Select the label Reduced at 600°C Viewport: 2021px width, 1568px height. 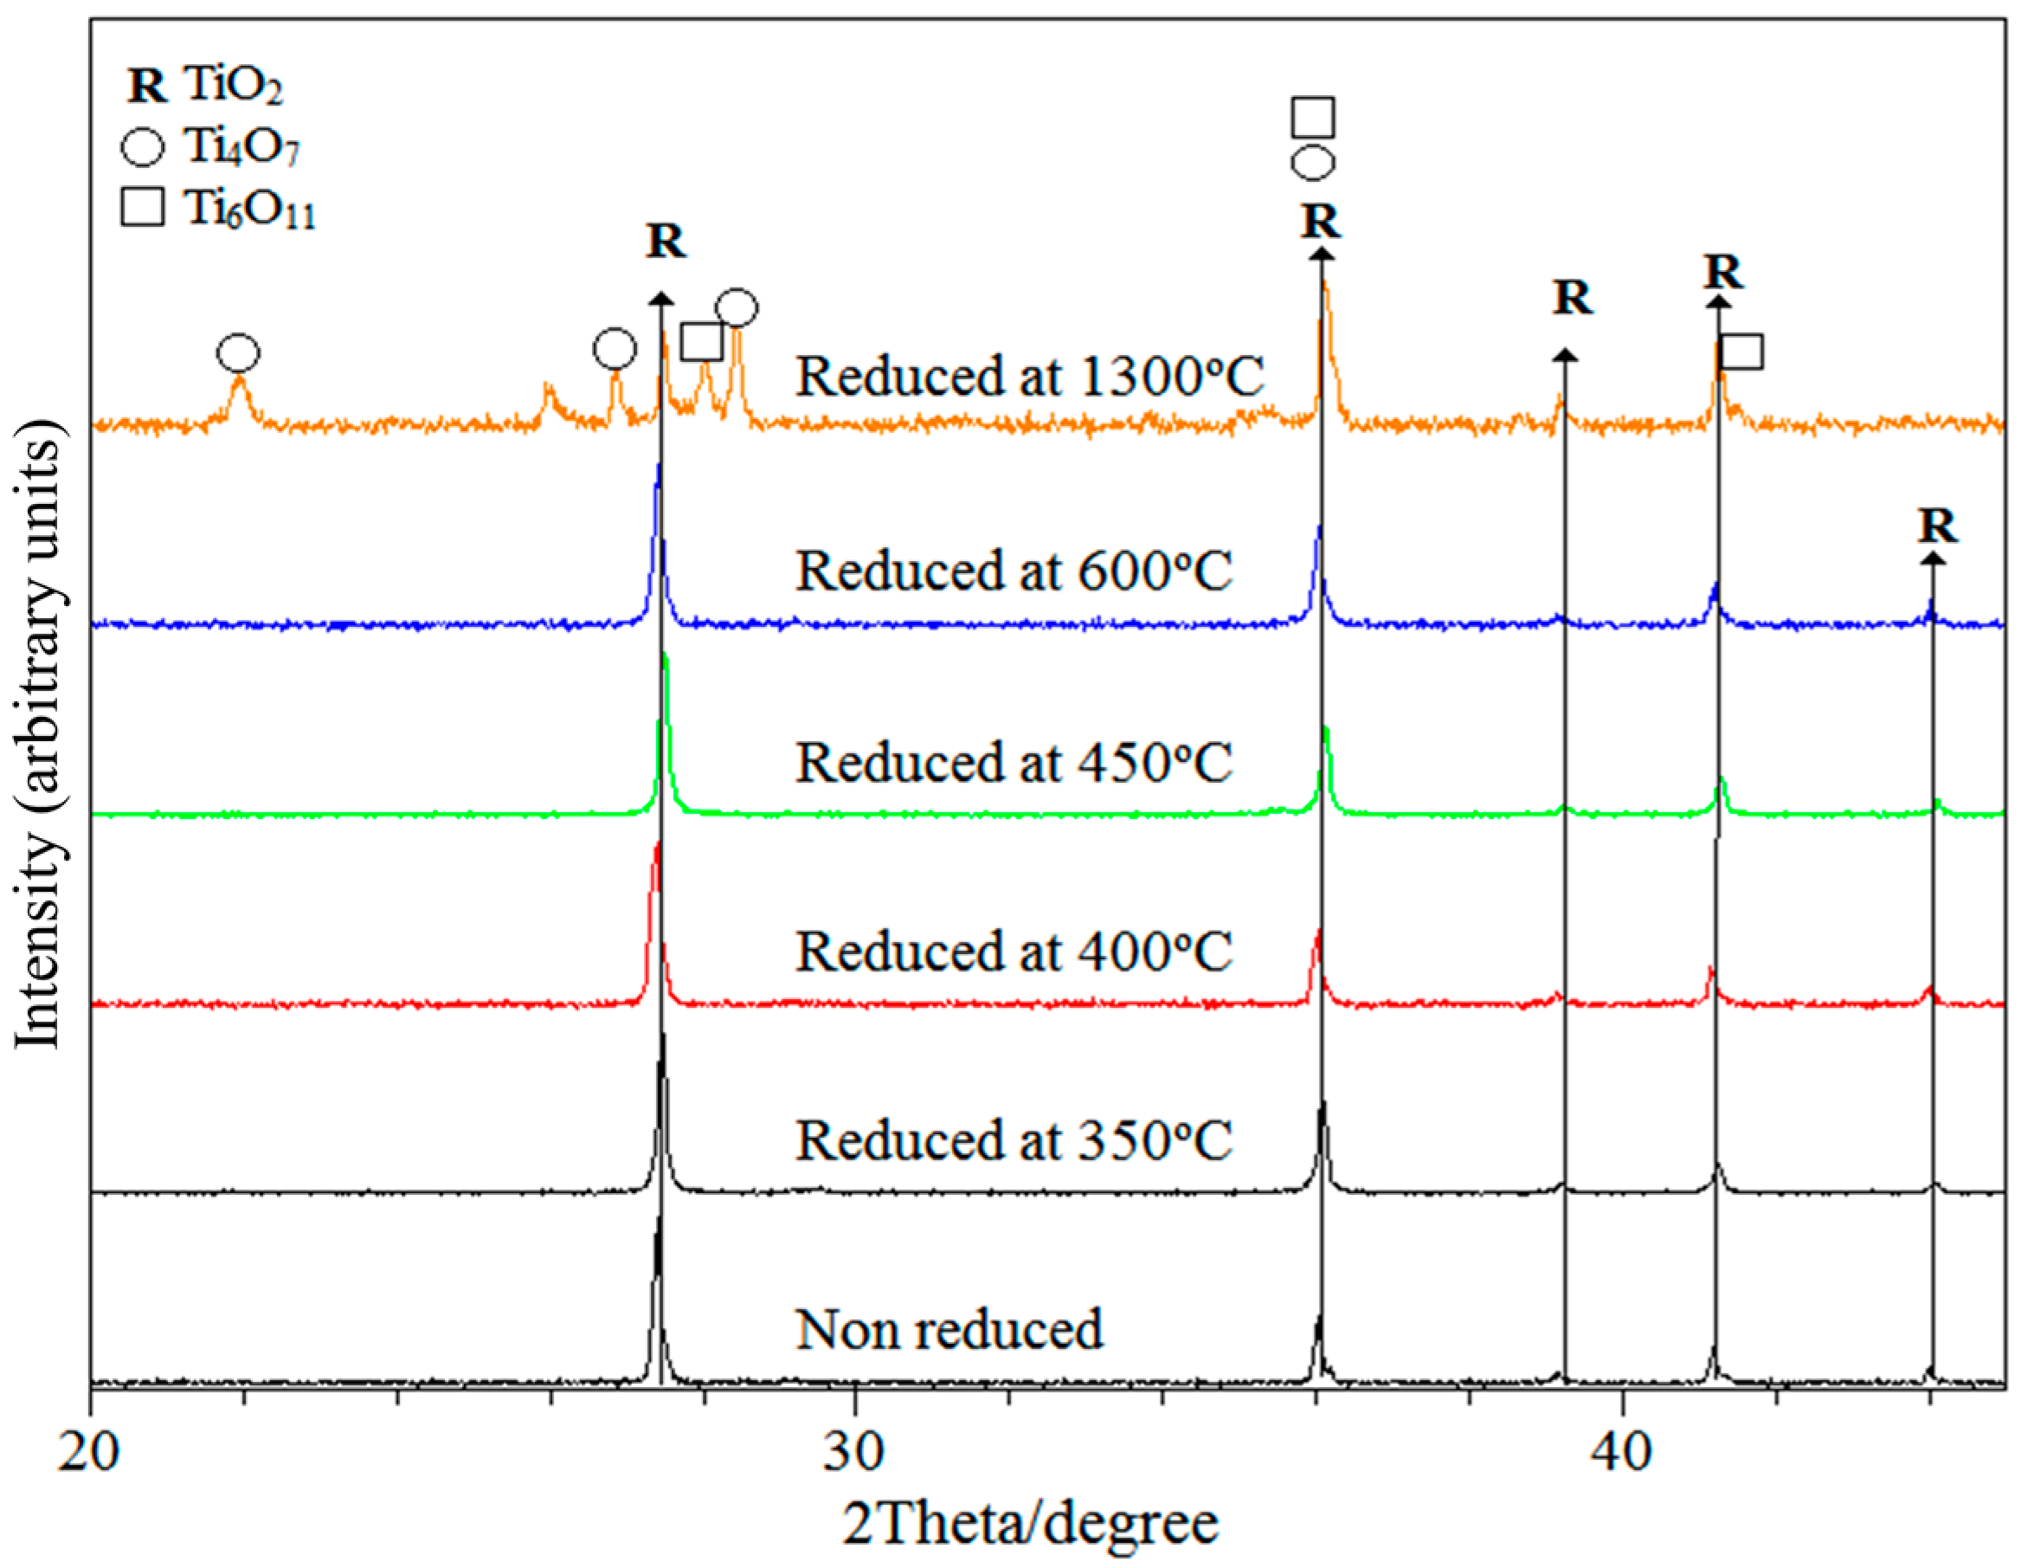(x=1014, y=571)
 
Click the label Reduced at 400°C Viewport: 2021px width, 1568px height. (x=1014, y=951)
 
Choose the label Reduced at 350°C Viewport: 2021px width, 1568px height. (x=1014, y=1139)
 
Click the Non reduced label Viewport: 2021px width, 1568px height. (x=949, y=1329)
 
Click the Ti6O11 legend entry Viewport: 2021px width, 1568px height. (x=218, y=207)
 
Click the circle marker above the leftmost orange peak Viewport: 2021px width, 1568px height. (x=239, y=352)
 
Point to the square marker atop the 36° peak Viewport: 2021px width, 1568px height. (x=1312, y=117)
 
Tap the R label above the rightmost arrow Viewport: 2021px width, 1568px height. (x=1937, y=526)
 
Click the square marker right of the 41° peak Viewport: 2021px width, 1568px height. (x=1741, y=352)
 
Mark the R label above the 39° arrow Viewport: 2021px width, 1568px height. (x=1572, y=298)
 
